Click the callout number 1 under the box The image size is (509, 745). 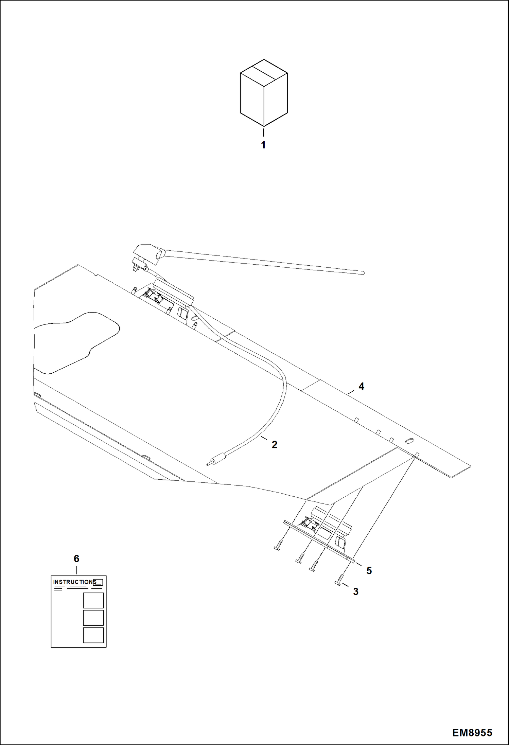point(263,145)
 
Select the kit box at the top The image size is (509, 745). point(264,92)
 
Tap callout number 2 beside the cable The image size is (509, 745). point(275,444)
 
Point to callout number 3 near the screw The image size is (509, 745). point(356,591)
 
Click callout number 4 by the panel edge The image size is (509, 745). point(361,386)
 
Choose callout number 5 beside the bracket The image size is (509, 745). point(369,570)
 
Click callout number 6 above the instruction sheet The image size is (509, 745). point(76,558)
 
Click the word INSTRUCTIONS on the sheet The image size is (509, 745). point(74,582)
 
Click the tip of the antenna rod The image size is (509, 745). point(363,272)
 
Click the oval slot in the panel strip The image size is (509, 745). point(410,440)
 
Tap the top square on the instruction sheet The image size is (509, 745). point(93,600)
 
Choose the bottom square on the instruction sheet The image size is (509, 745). point(93,635)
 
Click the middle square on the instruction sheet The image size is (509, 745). point(93,618)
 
